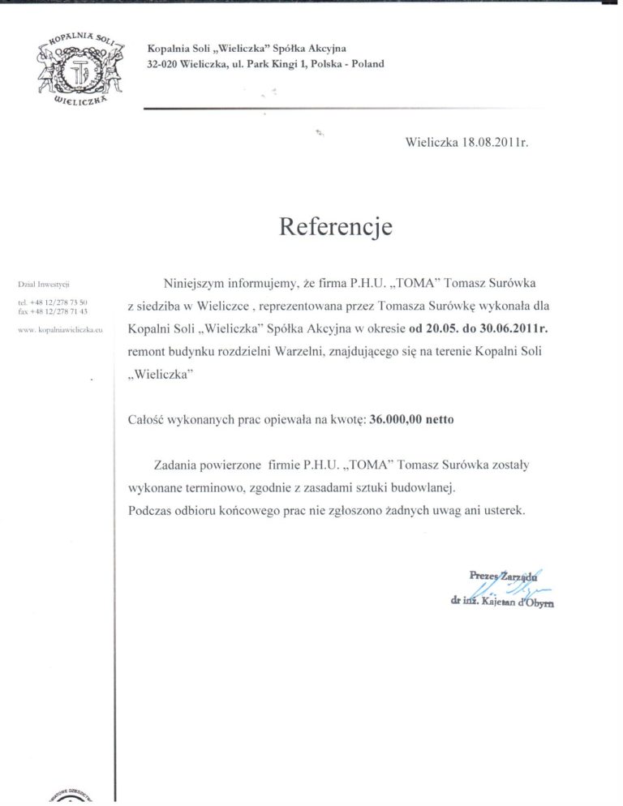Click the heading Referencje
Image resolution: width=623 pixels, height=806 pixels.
point(335,226)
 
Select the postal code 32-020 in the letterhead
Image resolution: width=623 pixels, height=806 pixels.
point(163,64)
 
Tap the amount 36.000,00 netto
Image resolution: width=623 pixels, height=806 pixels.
point(411,420)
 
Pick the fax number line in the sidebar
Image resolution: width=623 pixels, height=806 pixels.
point(52,311)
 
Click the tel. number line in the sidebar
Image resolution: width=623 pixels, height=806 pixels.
point(52,302)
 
